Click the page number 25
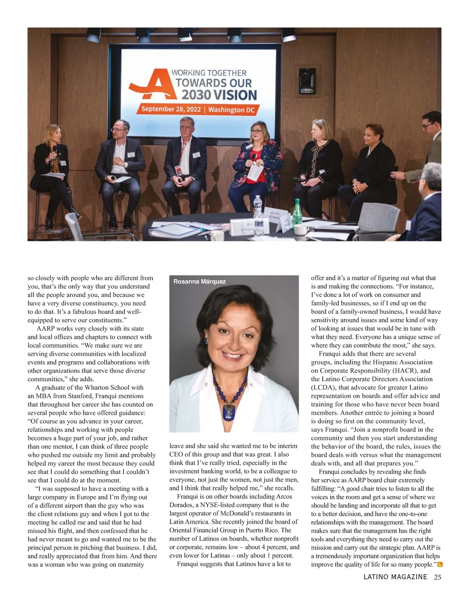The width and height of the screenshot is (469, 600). click(x=437, y=577)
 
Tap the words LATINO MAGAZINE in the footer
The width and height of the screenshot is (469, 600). click(x=395, y=577)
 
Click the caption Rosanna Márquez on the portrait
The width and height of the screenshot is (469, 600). click(x=199, y=281)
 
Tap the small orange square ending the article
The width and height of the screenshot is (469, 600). click(x=440, y=564)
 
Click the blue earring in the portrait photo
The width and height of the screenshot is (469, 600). click(x=206, y=341)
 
